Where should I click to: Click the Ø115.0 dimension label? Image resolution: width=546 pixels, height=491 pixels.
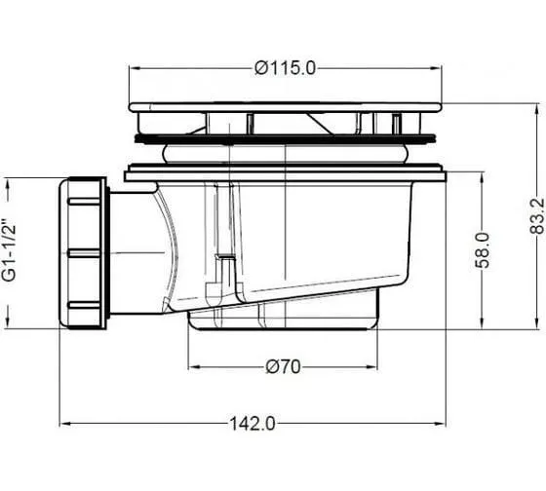coord(285,68)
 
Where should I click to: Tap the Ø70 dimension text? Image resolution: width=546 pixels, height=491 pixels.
coord(283,366)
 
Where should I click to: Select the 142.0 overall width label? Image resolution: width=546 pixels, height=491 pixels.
coord(253,424)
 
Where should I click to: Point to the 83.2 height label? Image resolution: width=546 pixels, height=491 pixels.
coord(537,215)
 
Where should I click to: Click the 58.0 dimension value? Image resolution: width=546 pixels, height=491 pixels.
coord(483,250)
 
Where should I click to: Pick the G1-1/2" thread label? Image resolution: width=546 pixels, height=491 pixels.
coord(9,249)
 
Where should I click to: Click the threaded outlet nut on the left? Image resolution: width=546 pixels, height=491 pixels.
coord(84,253)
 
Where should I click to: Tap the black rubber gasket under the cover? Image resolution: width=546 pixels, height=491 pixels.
coord(285,139)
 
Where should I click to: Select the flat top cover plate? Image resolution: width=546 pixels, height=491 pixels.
coord(285,107)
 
